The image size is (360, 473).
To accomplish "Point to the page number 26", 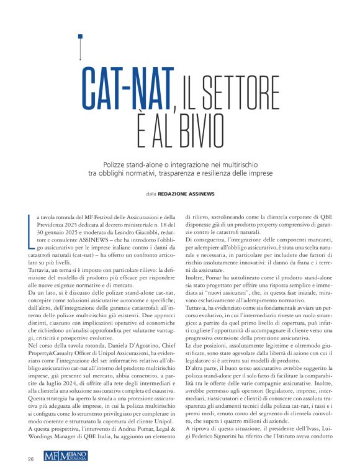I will (30, 459).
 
